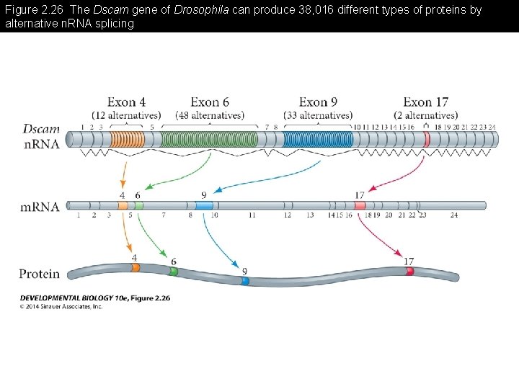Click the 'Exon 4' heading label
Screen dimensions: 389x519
[x=126, y=102]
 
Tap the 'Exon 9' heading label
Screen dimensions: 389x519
[x=318, y=102]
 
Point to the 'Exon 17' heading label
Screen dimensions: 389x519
[x=425, y=102]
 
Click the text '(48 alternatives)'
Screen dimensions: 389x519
[x=210, y=115]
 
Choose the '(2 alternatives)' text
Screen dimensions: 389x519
[x=425, y=115]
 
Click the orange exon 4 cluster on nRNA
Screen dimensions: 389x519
[x=127, y=139]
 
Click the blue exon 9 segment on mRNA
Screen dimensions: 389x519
[x=204, y=205]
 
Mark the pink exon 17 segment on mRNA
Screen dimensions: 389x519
[x=360, y=205]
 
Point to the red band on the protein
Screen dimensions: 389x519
[x=409, y=272]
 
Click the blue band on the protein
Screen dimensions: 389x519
[x=245, y=281]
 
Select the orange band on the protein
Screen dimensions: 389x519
[x=136, y=267]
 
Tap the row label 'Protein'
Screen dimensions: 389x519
[x=40, y=274]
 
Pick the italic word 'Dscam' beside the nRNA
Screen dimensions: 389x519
[x=42, y=129]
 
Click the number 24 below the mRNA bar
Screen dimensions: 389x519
[x=453, y=215]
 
